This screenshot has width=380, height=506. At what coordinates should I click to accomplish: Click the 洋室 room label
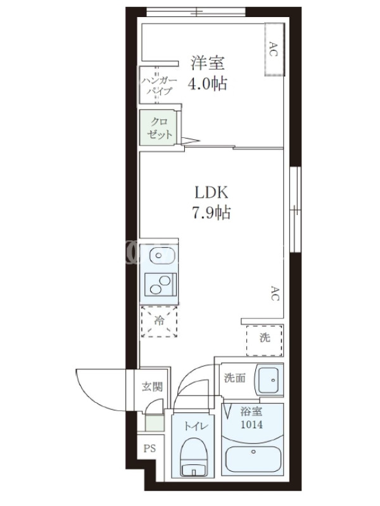pos(208,63)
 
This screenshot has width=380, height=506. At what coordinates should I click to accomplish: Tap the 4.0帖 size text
pos(208,83)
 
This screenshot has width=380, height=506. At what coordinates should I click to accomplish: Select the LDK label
pos(212,192)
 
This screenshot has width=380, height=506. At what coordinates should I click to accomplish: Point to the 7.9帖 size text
pos(212,213)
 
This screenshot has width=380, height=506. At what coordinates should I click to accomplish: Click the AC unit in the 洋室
pos(274,49)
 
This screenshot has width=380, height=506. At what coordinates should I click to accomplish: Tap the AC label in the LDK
pos(274,293)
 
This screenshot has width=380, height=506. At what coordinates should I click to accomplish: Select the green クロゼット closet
pos(158,128)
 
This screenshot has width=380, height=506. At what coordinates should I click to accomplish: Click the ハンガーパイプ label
pos(159,86)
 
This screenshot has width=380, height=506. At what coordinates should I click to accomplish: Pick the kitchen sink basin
pos(162,256)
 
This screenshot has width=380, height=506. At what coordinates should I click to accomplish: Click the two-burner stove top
pos(160,285)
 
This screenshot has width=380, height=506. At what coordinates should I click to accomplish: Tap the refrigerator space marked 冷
pos(159,321)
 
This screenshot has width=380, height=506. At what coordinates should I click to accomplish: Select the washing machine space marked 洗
pos(265,340)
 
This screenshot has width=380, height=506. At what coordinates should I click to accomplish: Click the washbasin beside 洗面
pos(269,380)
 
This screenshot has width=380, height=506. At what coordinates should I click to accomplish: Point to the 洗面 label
pos(235,378)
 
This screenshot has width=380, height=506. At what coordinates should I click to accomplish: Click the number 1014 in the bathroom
pos(251,424)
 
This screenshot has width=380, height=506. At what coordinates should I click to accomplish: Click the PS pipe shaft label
pos(149,448)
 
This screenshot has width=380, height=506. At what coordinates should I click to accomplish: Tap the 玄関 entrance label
pos(152,386)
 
